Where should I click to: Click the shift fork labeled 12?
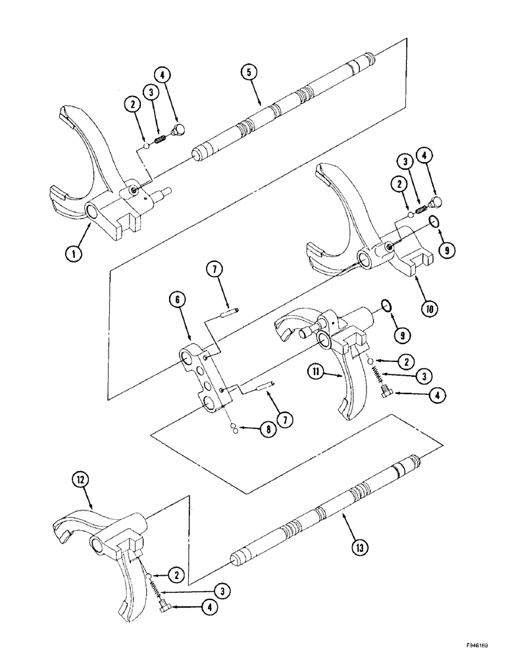[x=118, y=559]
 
